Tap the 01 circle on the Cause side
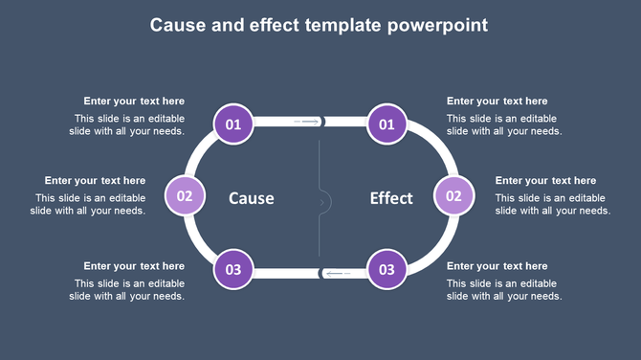tap(233, 124)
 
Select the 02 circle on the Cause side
tap(185, 196)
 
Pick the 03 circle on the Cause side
tap(233, 270)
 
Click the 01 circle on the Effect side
tap(387, 124)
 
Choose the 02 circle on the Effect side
tap(454, 196)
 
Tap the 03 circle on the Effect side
tap(387, 270)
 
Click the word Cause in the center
tap(252, 198)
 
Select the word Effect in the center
tap(391, 198)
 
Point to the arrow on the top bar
tap(307, 123)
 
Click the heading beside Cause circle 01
tap(134, 101)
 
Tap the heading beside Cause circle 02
tap(95, 181)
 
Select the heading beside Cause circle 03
tap(134, 266)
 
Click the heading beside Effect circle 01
tap(497, 101)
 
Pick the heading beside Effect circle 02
tap(545, 181)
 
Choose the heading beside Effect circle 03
tap(497, 266)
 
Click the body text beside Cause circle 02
tap(91, 205)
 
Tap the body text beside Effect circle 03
tap(504, 290)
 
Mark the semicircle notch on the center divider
tap(325, 202)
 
